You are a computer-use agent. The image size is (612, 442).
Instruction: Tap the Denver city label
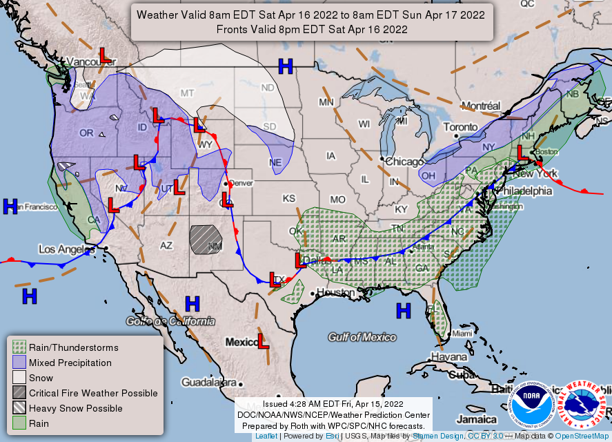[241, 184]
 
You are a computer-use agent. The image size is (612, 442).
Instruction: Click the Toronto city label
[460, 127]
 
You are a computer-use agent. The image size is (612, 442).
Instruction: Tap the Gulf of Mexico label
[362, 337]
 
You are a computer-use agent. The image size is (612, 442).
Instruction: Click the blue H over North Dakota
[285, 66]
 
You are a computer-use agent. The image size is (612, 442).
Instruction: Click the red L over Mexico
[263, 340]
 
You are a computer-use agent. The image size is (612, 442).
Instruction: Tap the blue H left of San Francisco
[10, 206]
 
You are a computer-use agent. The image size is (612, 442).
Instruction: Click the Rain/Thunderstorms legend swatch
[19, 347]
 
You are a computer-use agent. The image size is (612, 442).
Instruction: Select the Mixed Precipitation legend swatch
[19, 363]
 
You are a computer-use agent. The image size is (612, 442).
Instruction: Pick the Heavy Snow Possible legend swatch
[19, 408]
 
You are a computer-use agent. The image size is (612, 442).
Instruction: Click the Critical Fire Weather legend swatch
[19, 393]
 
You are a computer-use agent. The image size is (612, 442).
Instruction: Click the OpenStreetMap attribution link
[583, 436]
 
